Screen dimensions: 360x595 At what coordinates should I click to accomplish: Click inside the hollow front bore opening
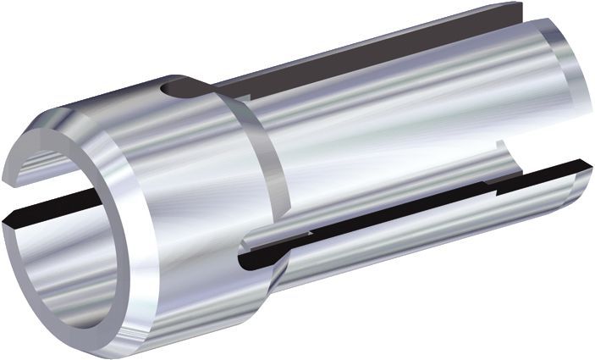pyautogui.click(x=63, y=254)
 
